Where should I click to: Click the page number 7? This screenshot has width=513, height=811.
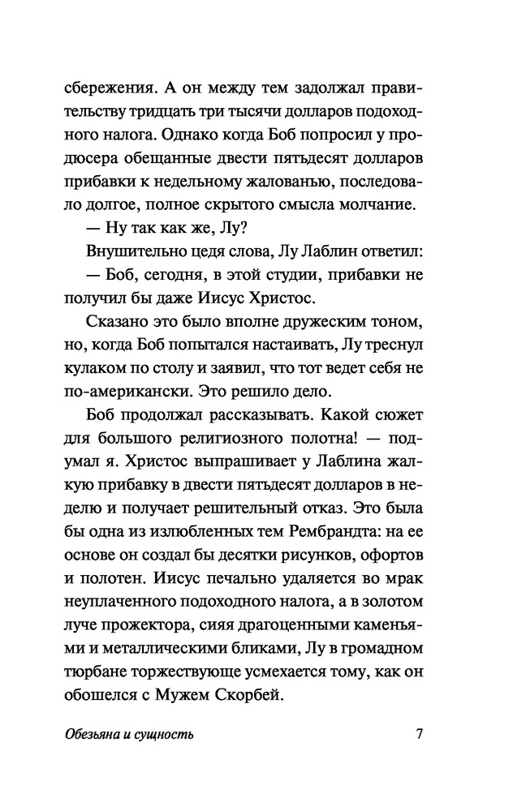click(x=419, y=736)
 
